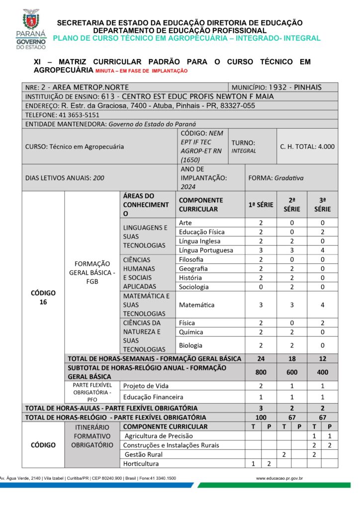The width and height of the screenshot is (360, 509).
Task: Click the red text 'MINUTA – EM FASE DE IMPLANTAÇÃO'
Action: (x=141, y=71)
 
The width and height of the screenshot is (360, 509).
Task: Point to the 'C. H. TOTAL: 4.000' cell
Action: (x=307, y=147)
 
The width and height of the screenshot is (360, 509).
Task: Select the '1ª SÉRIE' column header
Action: (x=261, y=204)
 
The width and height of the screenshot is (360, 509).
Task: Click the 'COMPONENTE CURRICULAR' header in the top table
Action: (x=201, y=204)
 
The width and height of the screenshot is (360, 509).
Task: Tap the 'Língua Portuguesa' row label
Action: (x=205, y=250)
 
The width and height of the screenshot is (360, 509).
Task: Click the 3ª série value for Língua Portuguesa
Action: (x=322, y=250)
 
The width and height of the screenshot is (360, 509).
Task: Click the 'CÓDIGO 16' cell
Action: (x=43, y=297)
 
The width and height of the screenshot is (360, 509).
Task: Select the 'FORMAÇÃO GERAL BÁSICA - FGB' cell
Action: (x=92, y=272)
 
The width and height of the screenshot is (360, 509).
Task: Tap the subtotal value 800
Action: (x=261, y=372)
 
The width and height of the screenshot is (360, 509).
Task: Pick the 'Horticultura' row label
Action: (x=142, y=464)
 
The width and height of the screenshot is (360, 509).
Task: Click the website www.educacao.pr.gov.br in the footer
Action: (x=279, y=478)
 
